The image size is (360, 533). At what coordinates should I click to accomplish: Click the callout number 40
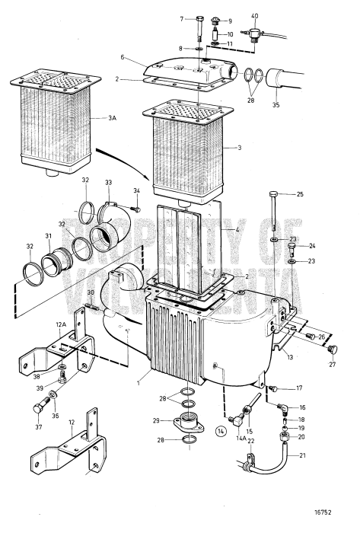click(x=254, y=16)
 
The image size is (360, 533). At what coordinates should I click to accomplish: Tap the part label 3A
click(x=113, y=119)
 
